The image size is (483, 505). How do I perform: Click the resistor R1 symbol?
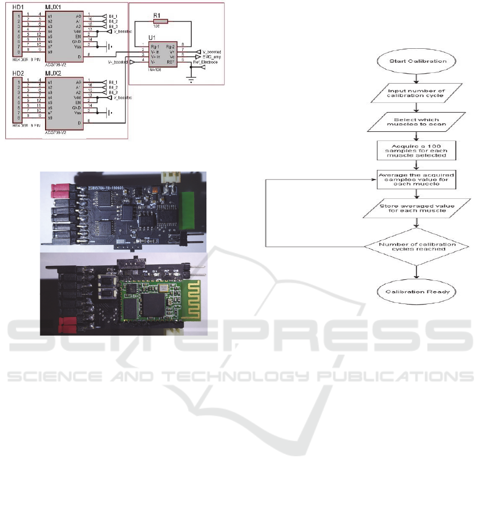[x=161, y=21]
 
